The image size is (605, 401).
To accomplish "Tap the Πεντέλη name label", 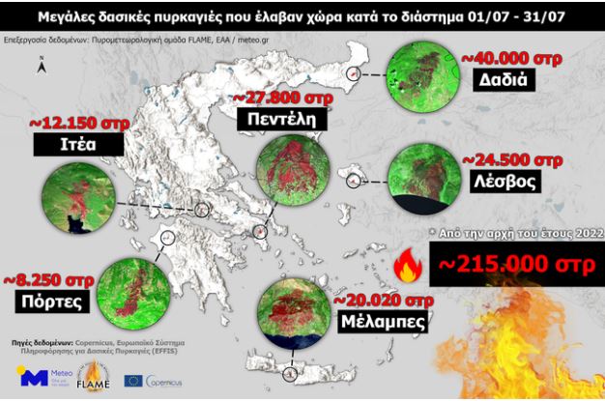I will [x=276, y=119].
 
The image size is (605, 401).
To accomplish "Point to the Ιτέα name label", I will [x=78, y=145].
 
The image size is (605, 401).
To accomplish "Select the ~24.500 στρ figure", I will [x=512, y=159].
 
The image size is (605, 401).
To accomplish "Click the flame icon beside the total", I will [x=408, y=264].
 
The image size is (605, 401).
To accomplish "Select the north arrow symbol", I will [x=42, y=66].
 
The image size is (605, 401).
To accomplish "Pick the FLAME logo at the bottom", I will [x=99, y=375].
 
